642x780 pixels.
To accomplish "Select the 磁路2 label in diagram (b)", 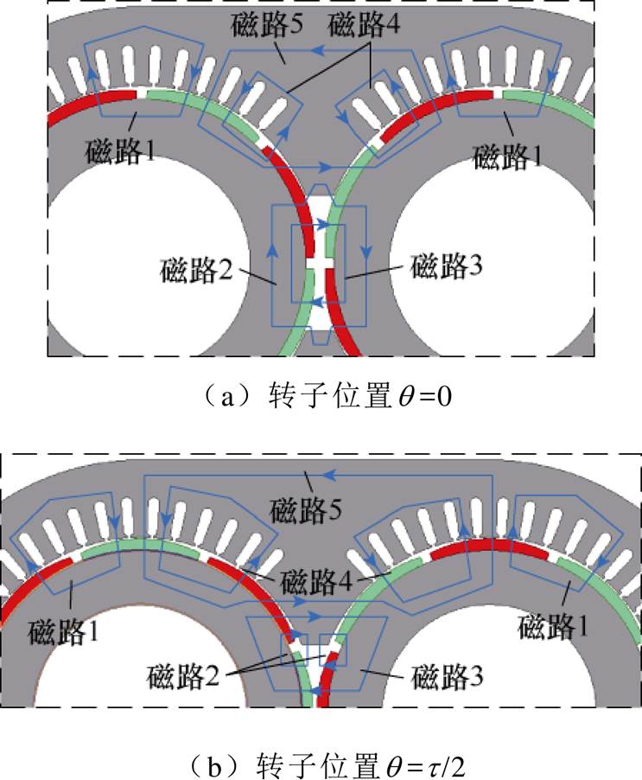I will (182, 671).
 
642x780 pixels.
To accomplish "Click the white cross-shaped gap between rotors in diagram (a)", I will (321, 259).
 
